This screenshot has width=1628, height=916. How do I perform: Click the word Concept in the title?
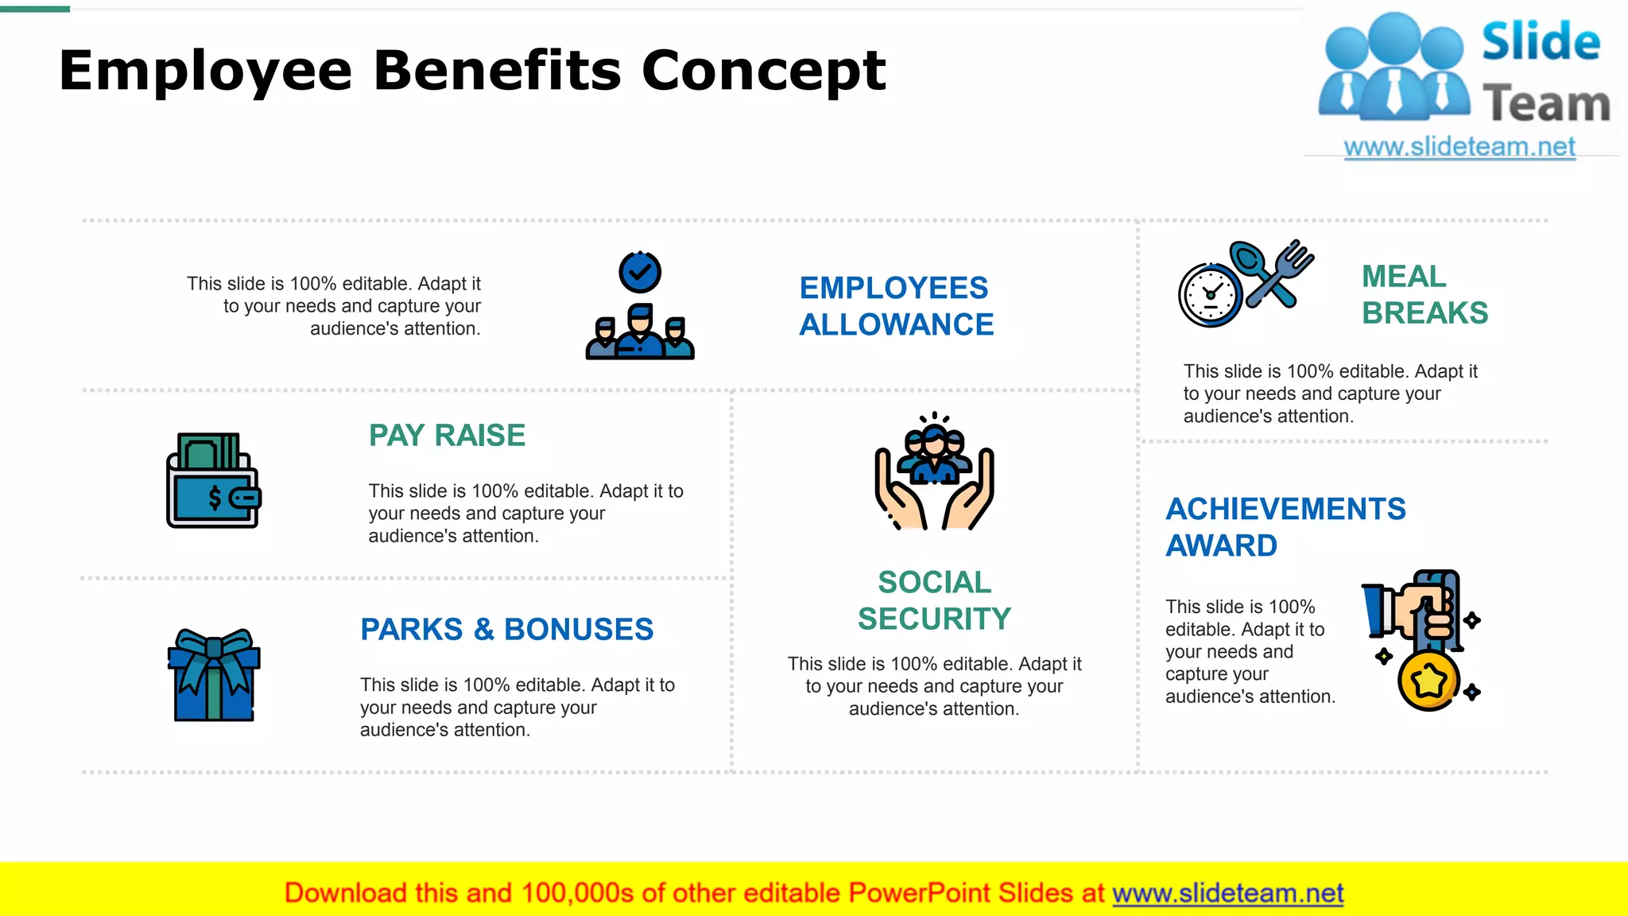coord(763,70)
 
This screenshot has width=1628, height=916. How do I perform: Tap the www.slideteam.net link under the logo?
coord(1459,147)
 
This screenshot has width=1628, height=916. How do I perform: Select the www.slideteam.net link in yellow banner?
coord(1227,893)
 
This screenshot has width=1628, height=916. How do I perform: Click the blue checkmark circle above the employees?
coord(640,273)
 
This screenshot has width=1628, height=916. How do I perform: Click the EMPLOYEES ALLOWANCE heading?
coord(896,306)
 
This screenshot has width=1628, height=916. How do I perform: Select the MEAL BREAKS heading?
coord(1424,294)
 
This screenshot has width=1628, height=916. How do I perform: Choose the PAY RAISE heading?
coord(447,436)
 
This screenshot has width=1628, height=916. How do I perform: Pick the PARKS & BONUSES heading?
coord(506,629)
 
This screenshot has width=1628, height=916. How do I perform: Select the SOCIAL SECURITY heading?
coord(934,600)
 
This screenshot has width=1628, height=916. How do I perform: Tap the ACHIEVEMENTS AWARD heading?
coord(1285,527)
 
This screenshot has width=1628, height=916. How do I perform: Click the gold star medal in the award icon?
coord(1428,681)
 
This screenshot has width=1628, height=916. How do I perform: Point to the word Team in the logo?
coord(1545,104)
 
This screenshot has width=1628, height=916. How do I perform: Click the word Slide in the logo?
coord(1541,42)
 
